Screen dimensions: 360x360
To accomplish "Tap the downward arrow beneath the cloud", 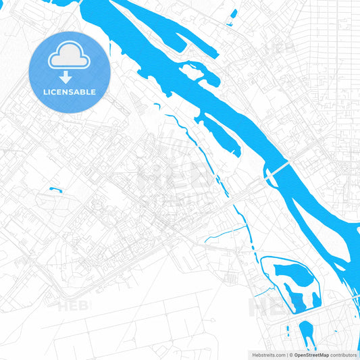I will coord(69,77).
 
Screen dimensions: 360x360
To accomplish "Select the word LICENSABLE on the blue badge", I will coord(69,92).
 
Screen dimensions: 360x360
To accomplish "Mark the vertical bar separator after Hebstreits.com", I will coord(285,355).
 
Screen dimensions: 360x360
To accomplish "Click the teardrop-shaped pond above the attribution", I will coord(307,333).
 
